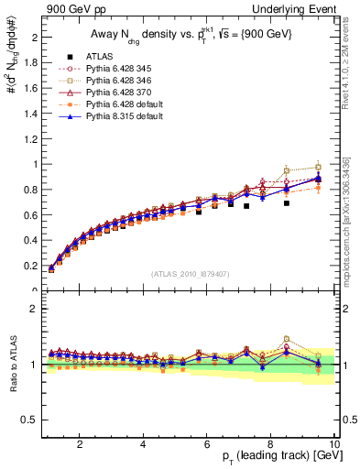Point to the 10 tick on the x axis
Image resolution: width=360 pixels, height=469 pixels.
pyautogui.click(x=334, y=444)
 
